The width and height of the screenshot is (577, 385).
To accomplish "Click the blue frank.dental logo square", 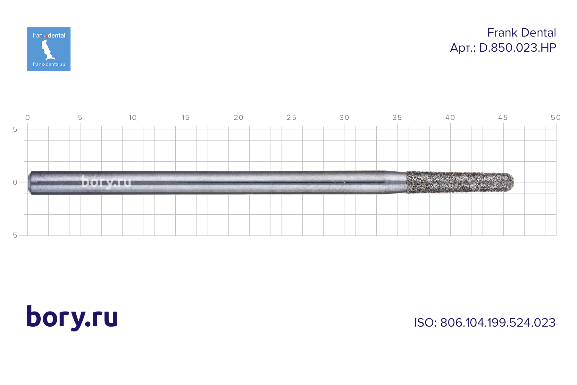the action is point(49,49).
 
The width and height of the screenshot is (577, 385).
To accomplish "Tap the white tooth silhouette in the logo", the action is point(47,50).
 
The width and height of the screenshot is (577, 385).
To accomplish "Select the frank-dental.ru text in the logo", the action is point(49,64).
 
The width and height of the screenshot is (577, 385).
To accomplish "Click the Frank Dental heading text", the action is point(522,33).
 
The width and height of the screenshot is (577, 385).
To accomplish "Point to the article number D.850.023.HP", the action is point(518,48).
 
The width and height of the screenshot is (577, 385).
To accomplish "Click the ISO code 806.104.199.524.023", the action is point(498,323).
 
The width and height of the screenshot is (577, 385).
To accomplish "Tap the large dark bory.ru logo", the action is point(72,318).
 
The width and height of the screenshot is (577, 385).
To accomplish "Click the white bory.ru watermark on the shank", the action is point(106,182).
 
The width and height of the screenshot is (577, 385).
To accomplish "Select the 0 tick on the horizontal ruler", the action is point(28,118).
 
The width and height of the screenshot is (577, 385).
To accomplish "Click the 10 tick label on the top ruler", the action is point(133,118).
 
